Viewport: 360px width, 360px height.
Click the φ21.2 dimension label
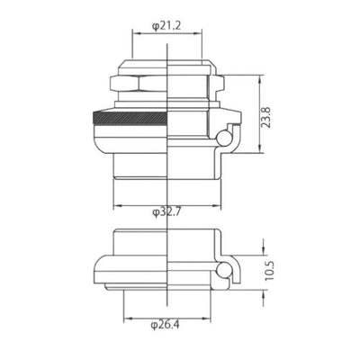168,26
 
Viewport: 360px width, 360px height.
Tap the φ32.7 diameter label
168,212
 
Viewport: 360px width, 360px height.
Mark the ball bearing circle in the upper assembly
225,136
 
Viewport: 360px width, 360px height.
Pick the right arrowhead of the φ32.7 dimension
221,203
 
